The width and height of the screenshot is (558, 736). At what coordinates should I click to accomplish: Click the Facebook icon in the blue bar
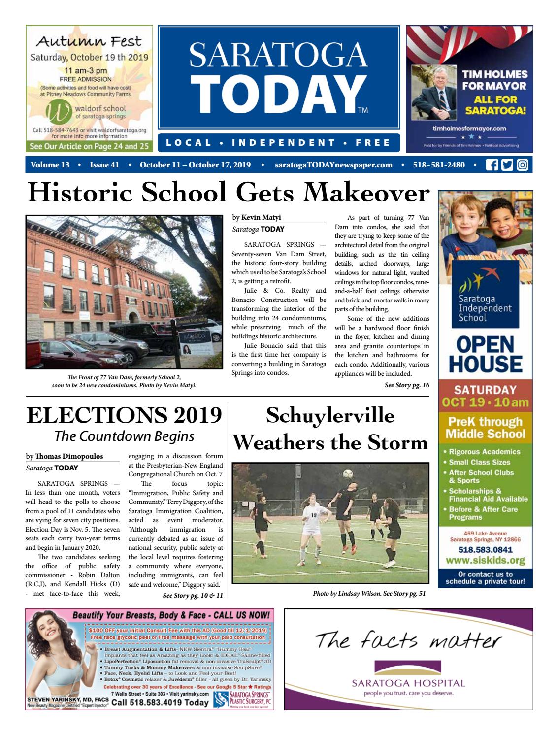pos(492,165)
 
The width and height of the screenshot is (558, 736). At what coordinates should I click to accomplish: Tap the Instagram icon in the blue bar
pos(522,165)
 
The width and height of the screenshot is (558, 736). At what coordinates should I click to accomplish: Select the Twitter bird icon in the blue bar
pos(507,165)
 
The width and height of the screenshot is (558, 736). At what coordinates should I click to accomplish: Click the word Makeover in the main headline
pos(366,193)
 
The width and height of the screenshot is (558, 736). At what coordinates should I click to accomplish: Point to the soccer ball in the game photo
pos(348,474)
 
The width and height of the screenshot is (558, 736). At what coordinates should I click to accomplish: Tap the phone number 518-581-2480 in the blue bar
pos(439,165)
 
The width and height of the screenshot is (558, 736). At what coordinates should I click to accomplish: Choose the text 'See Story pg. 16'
pos(407,385)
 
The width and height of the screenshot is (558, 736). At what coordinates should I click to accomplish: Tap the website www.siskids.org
pos(485,561)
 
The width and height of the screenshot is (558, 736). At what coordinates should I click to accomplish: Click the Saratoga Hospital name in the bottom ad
pos(408,683)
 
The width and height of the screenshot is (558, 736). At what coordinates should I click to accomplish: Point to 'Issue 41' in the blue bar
pos(104,165)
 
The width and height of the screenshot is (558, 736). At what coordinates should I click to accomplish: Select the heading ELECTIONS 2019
pos(124,415)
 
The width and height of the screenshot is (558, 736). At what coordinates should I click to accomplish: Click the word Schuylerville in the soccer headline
pos(330,415)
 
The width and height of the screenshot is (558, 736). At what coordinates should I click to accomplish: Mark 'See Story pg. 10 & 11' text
pos(193,596)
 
